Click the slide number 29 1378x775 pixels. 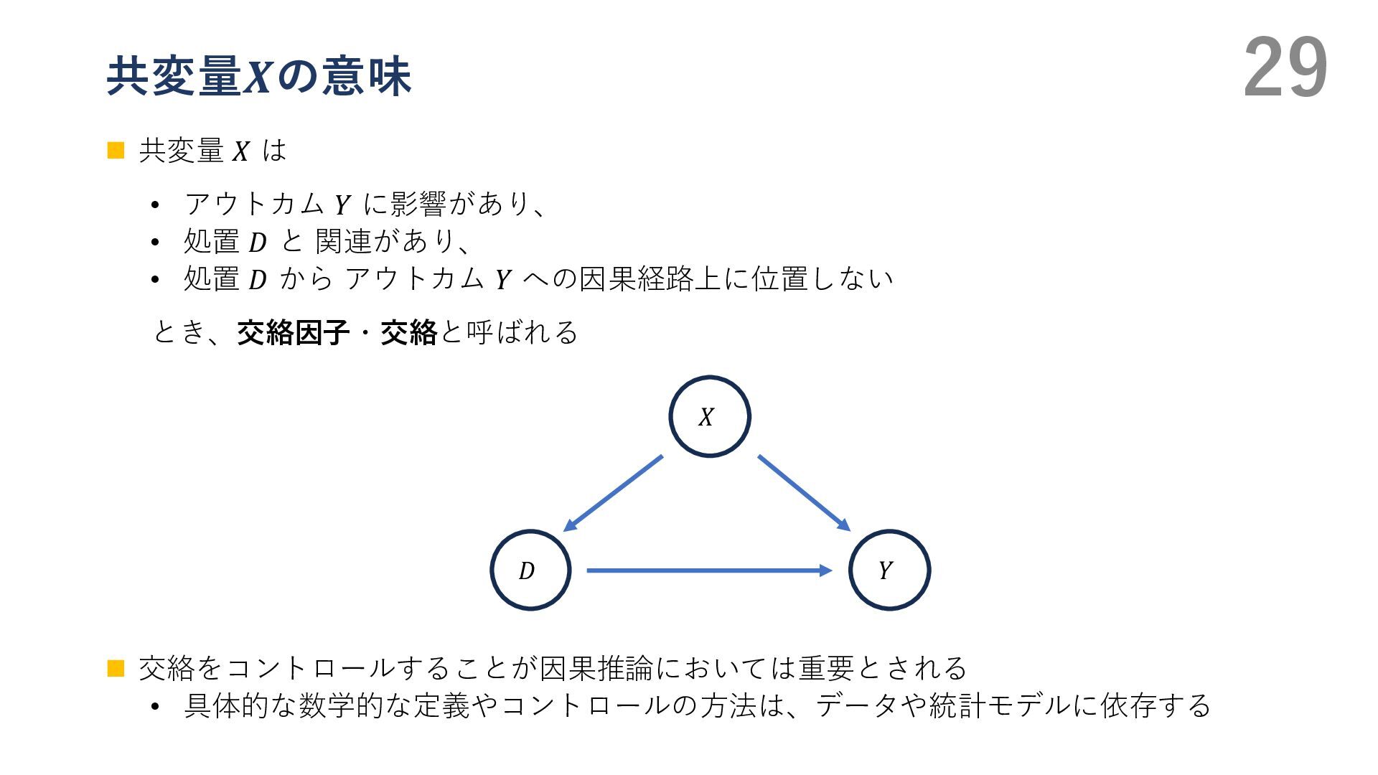1285,68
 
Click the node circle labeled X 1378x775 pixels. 709,416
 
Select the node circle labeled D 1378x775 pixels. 530,570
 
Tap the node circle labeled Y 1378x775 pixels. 889,570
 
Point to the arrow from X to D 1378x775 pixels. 614,493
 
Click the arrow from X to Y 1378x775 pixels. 804,493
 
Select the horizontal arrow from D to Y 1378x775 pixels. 709,570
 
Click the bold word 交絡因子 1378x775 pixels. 293,332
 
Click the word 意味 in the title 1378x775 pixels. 367,77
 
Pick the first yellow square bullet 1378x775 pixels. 116,150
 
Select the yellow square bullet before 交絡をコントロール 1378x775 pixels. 116,668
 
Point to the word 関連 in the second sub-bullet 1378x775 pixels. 343,241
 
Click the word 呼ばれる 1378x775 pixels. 522,332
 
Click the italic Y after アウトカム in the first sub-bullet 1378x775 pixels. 342,205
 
